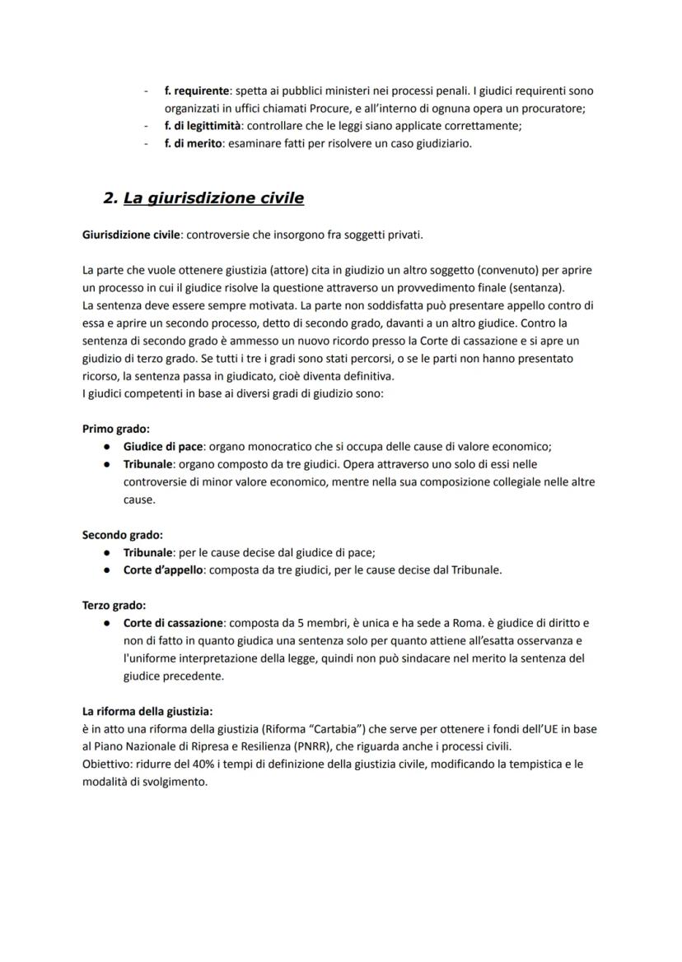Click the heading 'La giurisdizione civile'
point(213,198)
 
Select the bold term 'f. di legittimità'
point(202,126)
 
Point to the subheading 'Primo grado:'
point(115,429)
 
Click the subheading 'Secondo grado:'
point(122,535)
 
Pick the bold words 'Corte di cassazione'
point(174,623)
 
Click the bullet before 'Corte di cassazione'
point(107,624)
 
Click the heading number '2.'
point(110,198)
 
